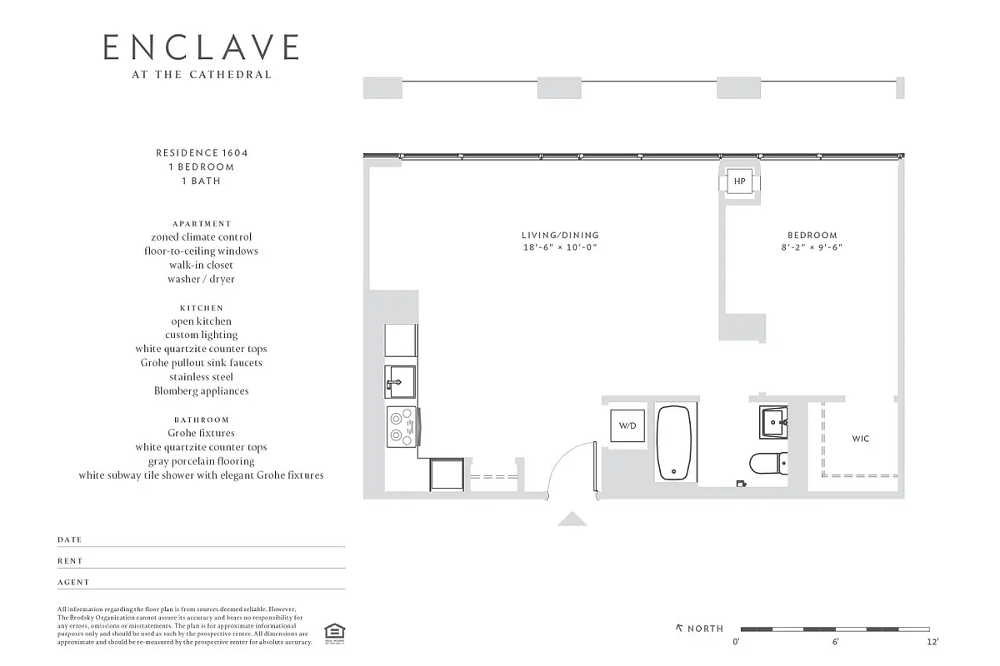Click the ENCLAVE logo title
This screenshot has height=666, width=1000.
click(x=201, y=47)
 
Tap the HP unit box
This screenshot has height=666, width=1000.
click(x=739, y=181)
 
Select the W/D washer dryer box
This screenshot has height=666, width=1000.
click(x=627, y=425)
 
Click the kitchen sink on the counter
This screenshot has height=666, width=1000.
click(x=401, y=384)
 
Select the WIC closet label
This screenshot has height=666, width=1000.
click(x=861, y=439)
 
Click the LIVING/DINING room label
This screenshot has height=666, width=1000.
click(x=560, y=236)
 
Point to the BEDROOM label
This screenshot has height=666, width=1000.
click(x=812, y=236)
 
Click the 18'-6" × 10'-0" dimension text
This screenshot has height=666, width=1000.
click(x=560, y=248)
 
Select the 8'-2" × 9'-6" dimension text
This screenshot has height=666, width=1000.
click(x=812, y=248)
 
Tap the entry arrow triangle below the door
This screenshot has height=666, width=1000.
click(x=572, y=519)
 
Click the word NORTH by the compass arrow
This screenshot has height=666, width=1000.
click(x=705, y=629)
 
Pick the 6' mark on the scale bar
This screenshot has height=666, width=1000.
click(x=835, y=642)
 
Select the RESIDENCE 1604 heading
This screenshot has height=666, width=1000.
click(x=202, y=153)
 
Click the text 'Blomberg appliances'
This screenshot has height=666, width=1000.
click(x=201, y=390)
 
